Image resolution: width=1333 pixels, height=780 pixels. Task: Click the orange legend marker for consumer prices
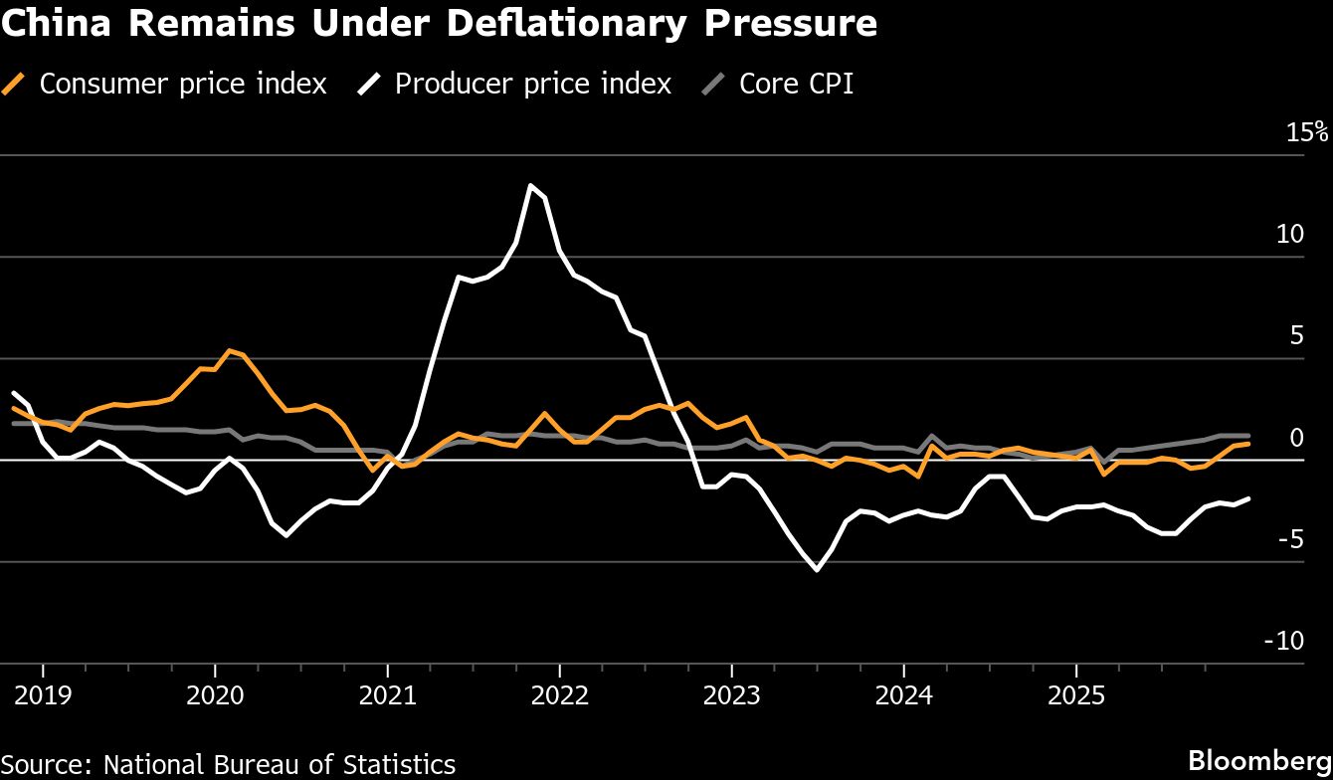pyautogui.click(x=14, y=85)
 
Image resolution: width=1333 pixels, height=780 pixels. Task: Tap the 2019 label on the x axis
pyautogui.click(x=43, y=693)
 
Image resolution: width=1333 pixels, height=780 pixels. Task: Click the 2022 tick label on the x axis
pyautogui.click(x=559, y=693)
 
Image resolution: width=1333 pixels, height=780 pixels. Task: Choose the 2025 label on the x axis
pyautogui.click(x=1075, y=693)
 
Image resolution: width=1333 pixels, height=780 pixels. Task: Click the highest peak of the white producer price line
pyautogui.click(x=531, y=185)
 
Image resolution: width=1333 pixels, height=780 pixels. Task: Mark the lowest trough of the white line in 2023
pyautogui.click(x=817, y=569)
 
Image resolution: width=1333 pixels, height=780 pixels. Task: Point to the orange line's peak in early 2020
pyautogui.click(x=229, y=350)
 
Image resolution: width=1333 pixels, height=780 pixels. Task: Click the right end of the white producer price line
pyautogui.click(x=1248, y=498)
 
